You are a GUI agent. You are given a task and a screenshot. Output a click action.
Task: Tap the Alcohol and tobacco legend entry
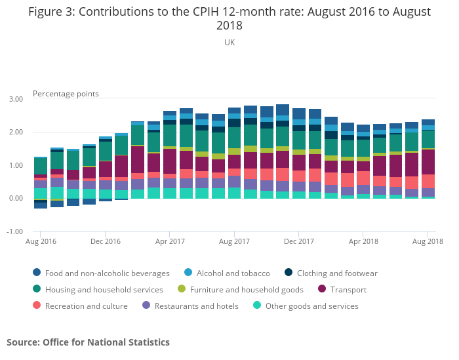point(233,273)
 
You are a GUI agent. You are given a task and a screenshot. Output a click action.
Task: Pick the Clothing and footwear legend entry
point(336,273)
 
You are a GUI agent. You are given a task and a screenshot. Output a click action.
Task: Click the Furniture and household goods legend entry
point(246,290)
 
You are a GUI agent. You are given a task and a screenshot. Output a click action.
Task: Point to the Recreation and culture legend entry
point(86,306)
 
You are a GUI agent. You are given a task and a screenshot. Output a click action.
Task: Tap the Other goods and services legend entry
point(311,306)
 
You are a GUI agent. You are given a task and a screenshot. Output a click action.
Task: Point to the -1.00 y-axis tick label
point(15,232)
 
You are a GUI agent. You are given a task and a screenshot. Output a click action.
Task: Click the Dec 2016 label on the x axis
point(105,242)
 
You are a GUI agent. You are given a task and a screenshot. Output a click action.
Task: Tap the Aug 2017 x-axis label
point(234,242)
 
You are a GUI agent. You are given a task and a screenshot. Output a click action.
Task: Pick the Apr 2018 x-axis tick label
point(364,242)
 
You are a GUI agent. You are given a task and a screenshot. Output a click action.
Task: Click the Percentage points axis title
point(66,94)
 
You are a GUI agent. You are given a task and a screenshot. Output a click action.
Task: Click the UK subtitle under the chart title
point(229,43)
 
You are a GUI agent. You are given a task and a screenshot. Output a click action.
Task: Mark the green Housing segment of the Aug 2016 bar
point(41,166)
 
